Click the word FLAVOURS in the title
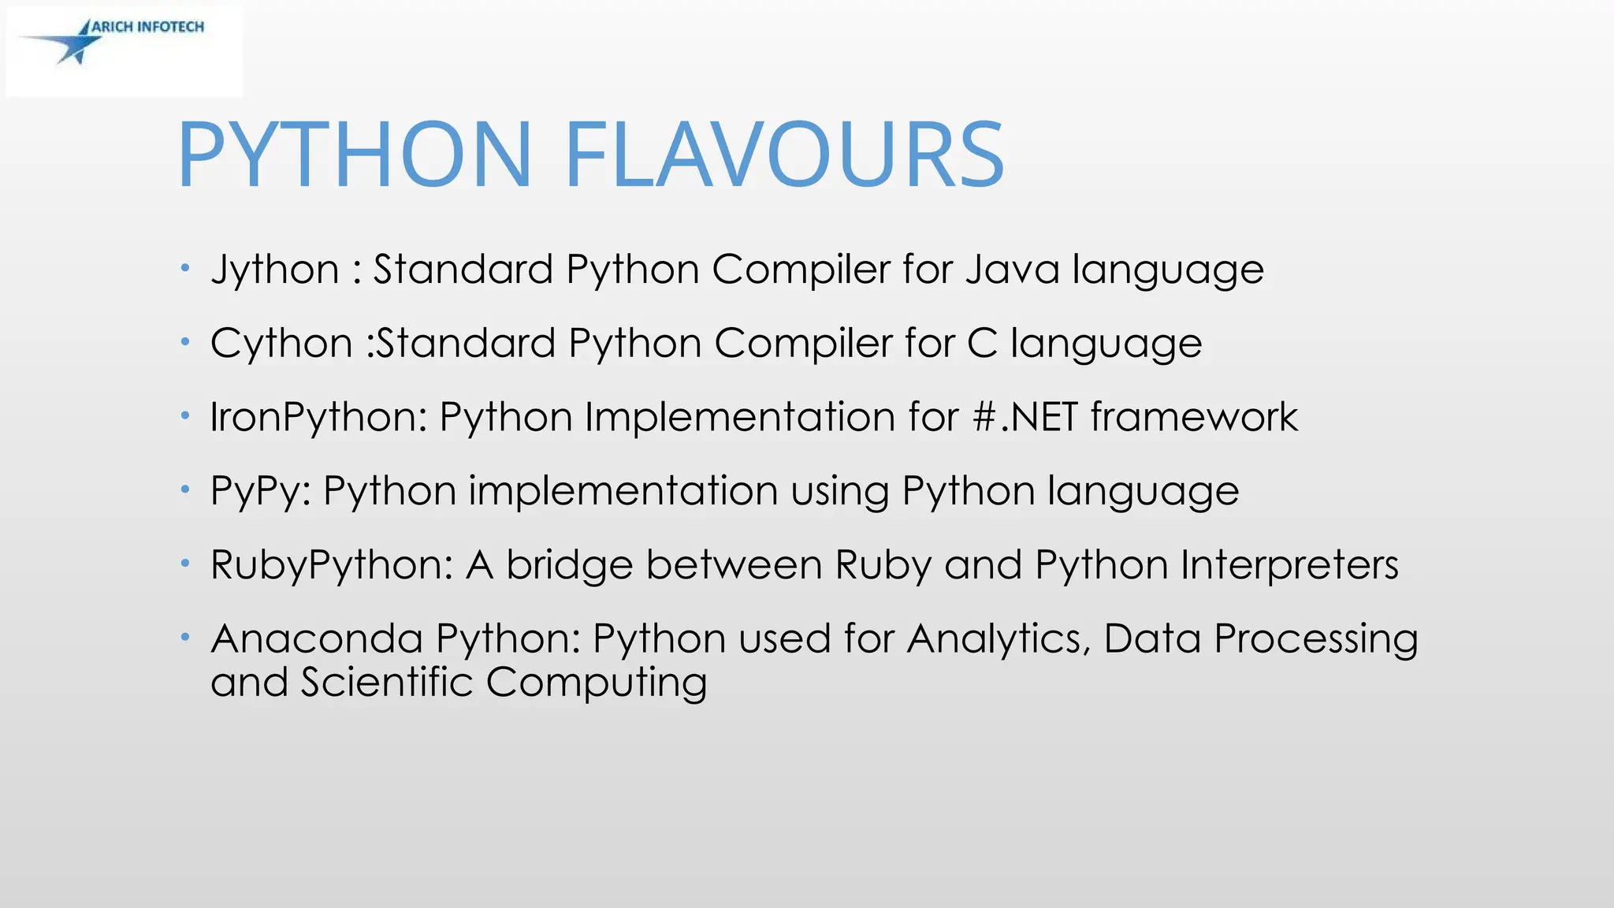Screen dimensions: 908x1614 click(784, 154)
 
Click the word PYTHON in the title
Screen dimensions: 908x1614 click(355, 154)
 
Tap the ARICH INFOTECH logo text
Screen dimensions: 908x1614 click(147, 27)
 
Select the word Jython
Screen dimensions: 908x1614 click(275, 270)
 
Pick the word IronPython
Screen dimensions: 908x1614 click(318, 418)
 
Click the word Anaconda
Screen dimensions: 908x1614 click(317, 638)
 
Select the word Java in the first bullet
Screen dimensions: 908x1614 click(1012, 270)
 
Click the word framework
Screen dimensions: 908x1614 click(1194, 417)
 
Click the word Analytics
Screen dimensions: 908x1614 click(999, 639)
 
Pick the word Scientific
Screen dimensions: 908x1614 click(386, 682)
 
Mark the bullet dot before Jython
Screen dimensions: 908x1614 click(184, 269)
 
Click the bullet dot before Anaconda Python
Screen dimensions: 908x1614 click(184, 637)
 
